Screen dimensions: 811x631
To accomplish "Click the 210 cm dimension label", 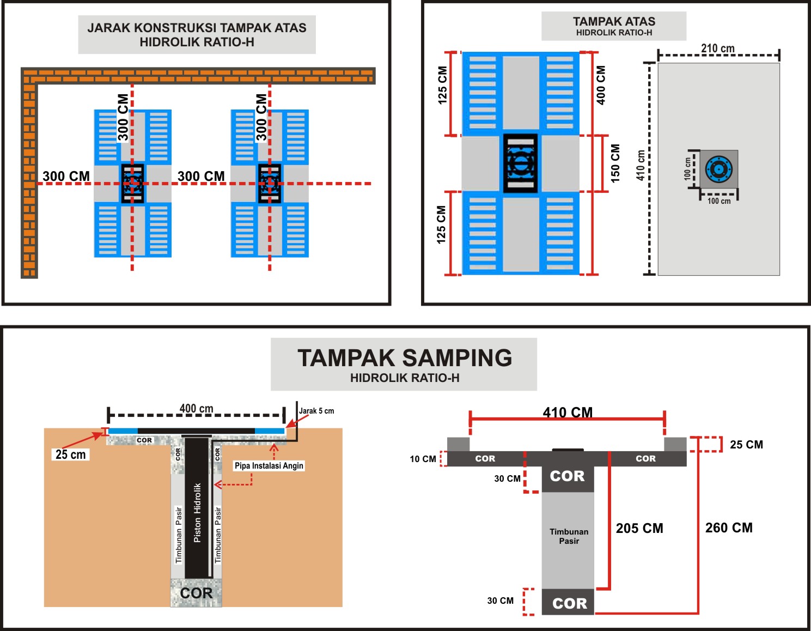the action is coord(717,48).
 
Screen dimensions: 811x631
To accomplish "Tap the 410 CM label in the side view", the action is coord(568,412).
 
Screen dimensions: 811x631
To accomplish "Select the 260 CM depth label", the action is coord(729,527).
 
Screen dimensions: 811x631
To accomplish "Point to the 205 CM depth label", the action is coord(639,528).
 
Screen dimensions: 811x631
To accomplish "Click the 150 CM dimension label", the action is coord(615,163).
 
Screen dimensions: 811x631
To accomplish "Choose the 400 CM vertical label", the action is coord(601,85).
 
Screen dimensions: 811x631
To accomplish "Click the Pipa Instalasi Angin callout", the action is coord(269,465).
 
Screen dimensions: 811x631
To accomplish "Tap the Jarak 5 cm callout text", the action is coord(316,411).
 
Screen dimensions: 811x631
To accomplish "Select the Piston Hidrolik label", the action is coord(197,513).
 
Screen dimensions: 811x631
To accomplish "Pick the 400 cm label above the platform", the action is coord(196,409).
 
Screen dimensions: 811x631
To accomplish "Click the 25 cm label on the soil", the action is coord(71,454).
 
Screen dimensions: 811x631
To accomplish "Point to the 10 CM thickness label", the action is coord(423,459).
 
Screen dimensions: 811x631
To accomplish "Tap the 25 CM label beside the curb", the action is coord(746,444).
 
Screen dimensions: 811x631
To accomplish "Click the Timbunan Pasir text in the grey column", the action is coord(569,536).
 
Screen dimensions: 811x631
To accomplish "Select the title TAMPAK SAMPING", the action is coord(405,357).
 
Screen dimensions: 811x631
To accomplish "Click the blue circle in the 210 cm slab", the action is coord(718,169).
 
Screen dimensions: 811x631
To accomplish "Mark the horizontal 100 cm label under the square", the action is coord(719,201).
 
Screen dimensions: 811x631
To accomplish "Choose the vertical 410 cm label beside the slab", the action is coord(641,166).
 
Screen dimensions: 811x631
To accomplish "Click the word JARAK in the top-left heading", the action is coord(108,28).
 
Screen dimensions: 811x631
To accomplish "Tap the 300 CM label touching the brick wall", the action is coord(66,176).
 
